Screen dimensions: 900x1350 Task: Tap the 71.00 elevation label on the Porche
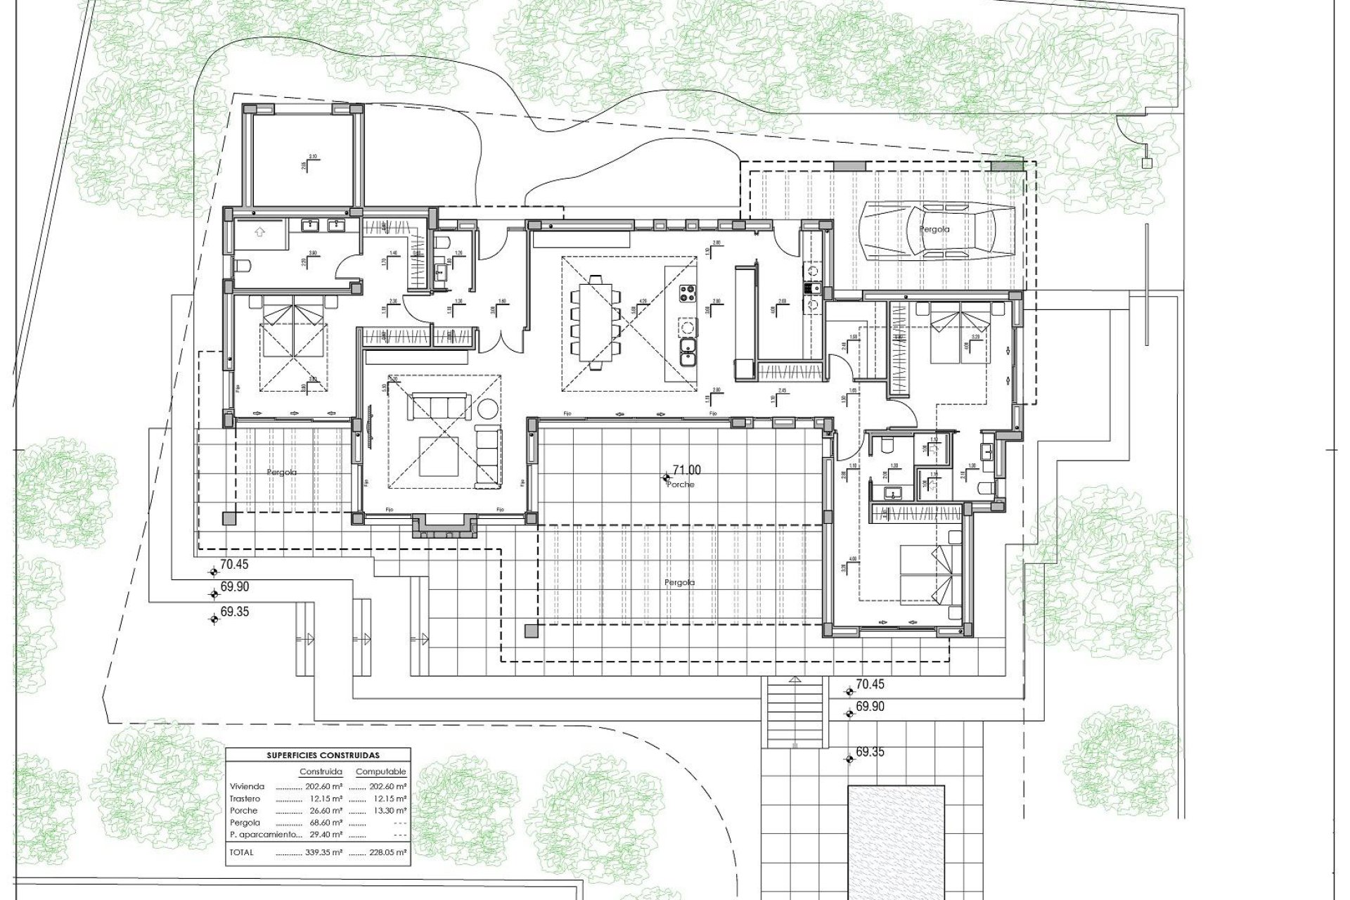pyautogui.click(x=686, y=470)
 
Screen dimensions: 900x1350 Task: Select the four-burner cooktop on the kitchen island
pyautogui.click(x=687, y=292)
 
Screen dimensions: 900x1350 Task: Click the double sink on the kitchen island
pyautogui.click(x=687, y=351)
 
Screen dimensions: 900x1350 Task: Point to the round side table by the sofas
pyautogui.click(x=487, y=410)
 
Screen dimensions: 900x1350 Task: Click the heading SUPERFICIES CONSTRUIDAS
pyautogui.click(x=323, y=755)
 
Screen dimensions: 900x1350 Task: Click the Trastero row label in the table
pyautogui.click(x=245, y=799)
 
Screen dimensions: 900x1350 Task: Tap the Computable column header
pyautogui.click(x=380, y=772)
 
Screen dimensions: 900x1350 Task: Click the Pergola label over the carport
pyautogui.click(x=934, y=229)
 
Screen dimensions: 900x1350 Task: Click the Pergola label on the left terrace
pyautogui.click(x=281, y=472)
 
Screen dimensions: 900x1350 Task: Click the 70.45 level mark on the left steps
pyautogui.click(x=233, y=564)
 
